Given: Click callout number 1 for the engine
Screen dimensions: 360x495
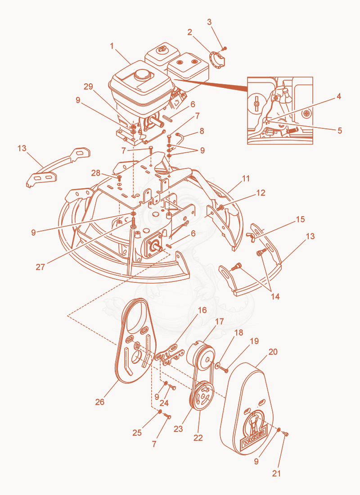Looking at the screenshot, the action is click(x=112, y=46).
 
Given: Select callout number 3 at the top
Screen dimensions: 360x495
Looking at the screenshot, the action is click(x=210, y=22).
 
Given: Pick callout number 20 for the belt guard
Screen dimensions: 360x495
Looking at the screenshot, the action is click(x=273, y=351).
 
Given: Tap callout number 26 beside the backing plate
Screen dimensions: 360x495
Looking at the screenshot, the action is click(x=100, y=402).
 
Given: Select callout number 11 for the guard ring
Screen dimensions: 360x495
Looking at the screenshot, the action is click(x=245, y=178).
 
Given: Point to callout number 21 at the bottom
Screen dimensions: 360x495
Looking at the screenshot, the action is click(x=276, y=473).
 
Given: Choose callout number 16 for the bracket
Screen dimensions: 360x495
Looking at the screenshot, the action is click(x=202, y=310).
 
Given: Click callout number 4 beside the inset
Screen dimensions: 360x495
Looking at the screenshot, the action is click(x=338, y=96).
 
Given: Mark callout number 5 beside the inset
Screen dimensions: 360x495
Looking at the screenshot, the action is click(x=339, y=130).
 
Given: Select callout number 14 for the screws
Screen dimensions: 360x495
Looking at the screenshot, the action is click(x=275, y=296).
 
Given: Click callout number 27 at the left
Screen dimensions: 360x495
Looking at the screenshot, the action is click(x=40, y=267).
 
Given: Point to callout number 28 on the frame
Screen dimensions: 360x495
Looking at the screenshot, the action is click(x=95, y=173).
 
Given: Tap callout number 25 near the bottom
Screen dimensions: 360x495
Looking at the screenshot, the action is click(x=137, y=432).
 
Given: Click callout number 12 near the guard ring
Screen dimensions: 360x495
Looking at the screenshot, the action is click(x=261, y=193).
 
